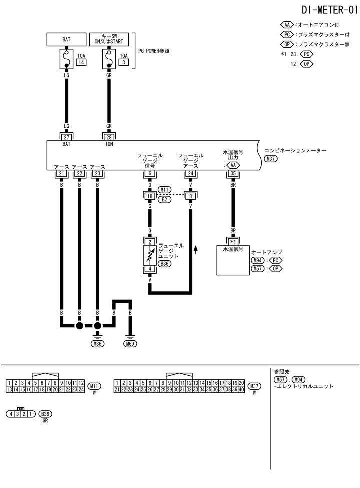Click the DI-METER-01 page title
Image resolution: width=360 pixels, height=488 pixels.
[330, 10]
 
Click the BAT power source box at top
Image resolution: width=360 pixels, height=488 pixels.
[66, 39]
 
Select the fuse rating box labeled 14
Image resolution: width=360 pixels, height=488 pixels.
[80, 62]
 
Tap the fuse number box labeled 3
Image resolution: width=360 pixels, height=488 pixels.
[123, 62]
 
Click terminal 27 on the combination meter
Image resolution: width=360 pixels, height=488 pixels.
[66, 137]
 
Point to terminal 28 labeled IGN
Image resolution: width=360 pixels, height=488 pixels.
[109, 137]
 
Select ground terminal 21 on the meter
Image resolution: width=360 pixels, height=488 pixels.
[61, 174]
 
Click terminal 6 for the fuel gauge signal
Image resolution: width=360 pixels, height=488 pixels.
[150, 174]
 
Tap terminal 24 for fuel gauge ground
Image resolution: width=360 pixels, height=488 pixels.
[190, 174]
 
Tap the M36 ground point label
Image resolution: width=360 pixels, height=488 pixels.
[97, 344]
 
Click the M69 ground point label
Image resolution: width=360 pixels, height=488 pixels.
[130, 344]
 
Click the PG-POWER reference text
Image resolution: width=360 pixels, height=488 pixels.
[154, 51]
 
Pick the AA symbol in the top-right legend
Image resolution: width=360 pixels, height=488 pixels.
[287, 25]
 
